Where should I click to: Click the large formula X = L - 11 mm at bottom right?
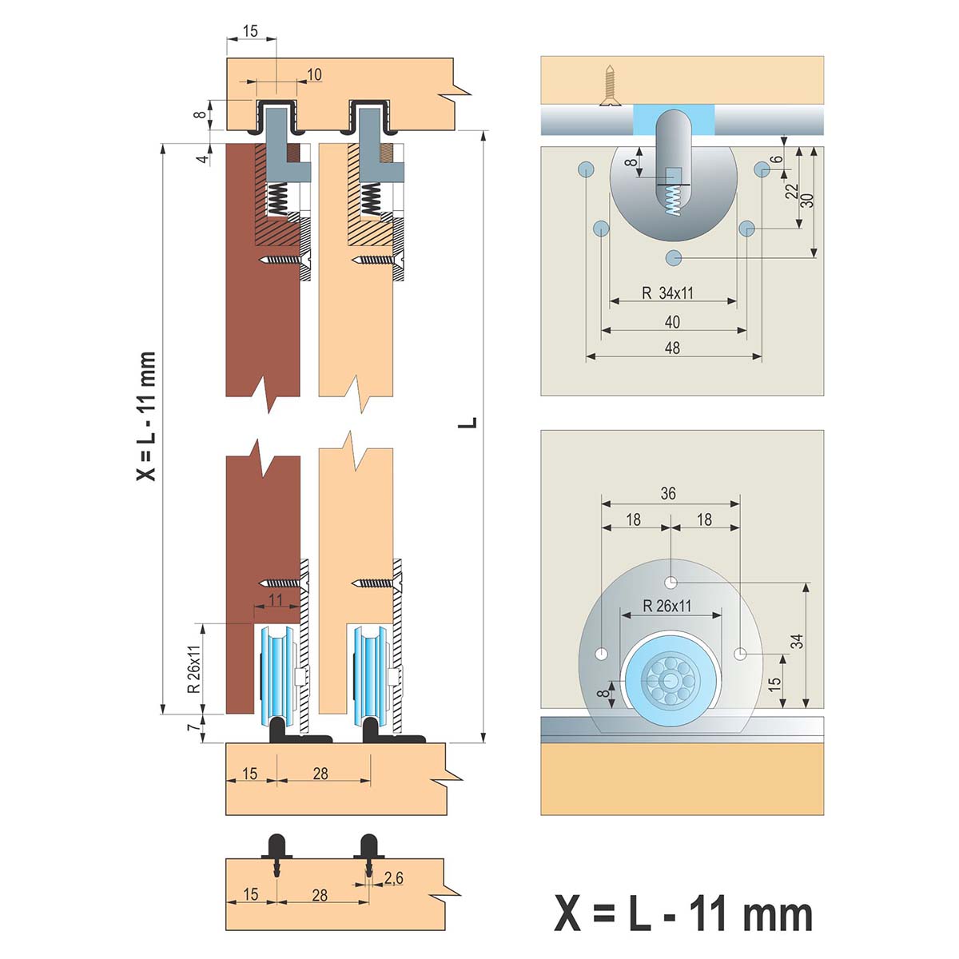coord(683,913)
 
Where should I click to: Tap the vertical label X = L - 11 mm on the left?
coord(147,416)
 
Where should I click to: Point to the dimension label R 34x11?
coord(668,292)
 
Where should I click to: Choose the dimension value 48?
coord(673,348)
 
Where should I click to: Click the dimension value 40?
coord(673,321)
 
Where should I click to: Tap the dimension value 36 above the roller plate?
coord(668,494)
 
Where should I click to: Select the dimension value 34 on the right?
coord(797,641)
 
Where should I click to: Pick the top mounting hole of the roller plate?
coord(672,581)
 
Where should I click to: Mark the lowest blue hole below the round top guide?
coord(674,257)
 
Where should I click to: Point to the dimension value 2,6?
coord(393,878)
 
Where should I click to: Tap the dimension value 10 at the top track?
coord(314,74)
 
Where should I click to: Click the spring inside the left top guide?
coord(277,198)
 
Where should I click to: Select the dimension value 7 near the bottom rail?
coord(191,727)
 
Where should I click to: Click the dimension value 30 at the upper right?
coord(808,200)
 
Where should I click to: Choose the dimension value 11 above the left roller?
coord(276,599)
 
